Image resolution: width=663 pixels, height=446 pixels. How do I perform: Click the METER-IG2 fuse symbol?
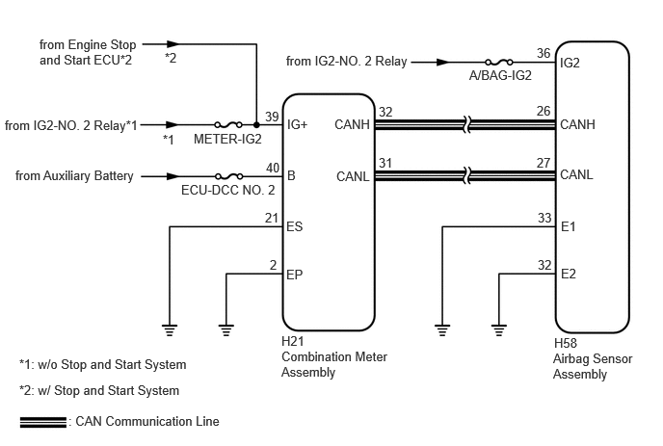pyautogui.click(x=227, y=124)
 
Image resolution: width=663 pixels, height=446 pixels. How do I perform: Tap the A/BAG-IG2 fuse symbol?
pyautogui.click(x=499, y=63)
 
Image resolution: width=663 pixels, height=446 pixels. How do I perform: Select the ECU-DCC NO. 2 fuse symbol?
pyautogui.click(x=228, y=176)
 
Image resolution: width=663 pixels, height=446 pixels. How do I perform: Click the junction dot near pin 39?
pyautogui.click(x=256, y=124)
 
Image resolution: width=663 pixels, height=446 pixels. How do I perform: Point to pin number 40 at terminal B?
pyautogui.click(x=273, y=168)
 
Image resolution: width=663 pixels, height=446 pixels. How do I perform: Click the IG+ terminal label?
pyautogui.click(x=297, y=124)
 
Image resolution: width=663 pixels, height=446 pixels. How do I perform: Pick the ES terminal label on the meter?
pyautogui.click(x=295, y=226)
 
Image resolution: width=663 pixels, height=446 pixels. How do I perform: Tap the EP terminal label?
pyautogui.click(x=295, y=275)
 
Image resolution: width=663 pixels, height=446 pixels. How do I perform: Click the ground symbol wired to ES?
pyautogui.click(x=170, y=329)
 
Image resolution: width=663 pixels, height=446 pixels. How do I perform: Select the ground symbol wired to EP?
pyautogui.click(x=226, y=329)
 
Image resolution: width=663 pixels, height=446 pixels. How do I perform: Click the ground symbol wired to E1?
pyautogui.click(x=442, y=329)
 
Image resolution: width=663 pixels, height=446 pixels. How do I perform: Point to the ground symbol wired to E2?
pyautogui.click(x=499, y=329)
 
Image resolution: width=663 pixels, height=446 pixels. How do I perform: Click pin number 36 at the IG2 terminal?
pyautogui.click(x=544, y=53)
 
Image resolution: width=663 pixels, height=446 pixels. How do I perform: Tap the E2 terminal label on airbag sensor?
pyautogui.click(x=569, y=274)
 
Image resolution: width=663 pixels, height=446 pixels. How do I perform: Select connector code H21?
pyautogui.click(x=293, y=341)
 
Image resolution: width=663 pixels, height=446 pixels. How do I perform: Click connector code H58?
pyautogui.click(x=566, y=343)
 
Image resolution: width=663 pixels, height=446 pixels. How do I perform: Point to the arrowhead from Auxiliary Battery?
pyautogui.click(x=172, y=176)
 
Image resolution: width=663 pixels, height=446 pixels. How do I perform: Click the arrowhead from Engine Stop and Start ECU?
pyautogui.click(x=173, y=44)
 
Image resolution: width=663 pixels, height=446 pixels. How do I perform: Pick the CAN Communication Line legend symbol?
pyautogui.click(x=43, y=422)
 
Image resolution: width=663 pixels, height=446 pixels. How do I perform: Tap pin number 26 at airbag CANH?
pyautogui.click(x=544, y=111)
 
